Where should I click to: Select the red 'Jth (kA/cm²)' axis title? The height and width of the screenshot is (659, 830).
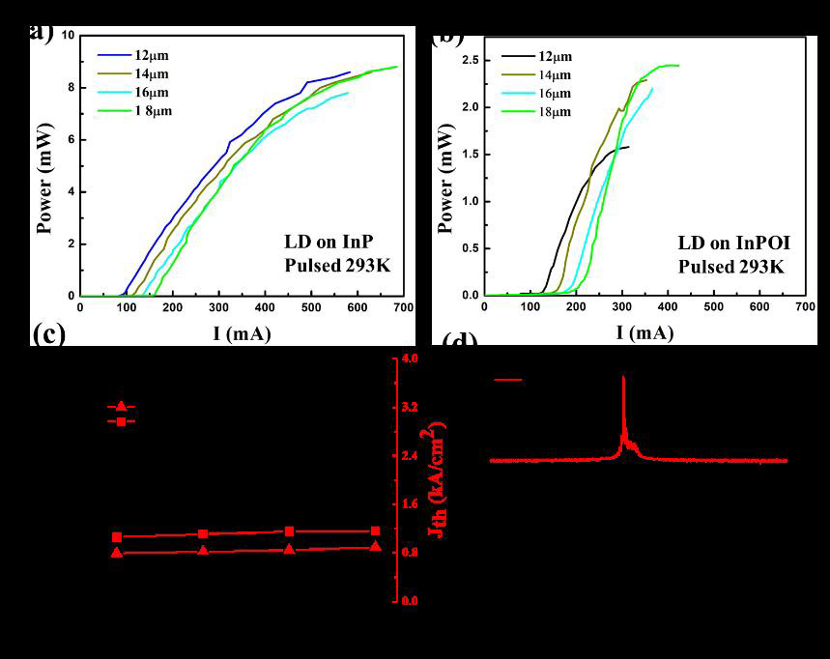[x=438, y=479]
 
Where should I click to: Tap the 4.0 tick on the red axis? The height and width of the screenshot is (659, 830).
[x=410, y=359]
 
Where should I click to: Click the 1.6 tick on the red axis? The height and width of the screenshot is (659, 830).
[x=410, y=504]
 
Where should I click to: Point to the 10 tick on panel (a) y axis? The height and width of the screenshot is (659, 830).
[x=68, y=36]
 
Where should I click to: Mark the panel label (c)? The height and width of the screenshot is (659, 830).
[x=49, y=334]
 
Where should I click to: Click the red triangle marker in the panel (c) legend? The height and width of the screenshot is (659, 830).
[x=121, y=407]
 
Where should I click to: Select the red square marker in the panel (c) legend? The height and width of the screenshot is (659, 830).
[x=121, y=421]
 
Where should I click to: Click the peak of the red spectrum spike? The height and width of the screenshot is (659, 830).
[x=623, y=377]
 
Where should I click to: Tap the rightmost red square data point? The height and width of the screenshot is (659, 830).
[x=376, y=530]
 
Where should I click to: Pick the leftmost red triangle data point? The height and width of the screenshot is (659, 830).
[x=117, y=553]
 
